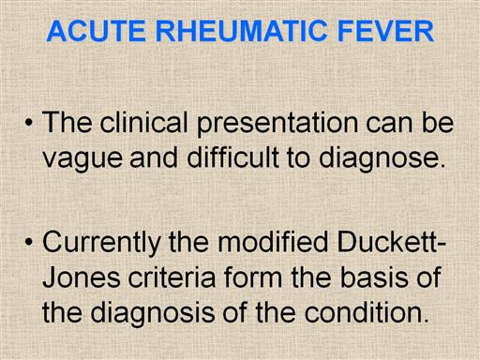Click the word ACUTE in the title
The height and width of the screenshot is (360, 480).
coord(97,31)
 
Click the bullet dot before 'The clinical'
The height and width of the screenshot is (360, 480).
coord(29,123)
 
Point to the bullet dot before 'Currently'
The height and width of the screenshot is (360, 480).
coord(29,242)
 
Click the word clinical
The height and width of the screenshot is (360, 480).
coord(143,122)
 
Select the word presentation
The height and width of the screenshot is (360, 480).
coord(277,124)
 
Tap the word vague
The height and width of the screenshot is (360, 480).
coord(82,158)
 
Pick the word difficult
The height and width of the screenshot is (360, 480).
coord(232,157)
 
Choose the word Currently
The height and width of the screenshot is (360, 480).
coord(102,244)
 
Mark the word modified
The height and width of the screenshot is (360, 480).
coord(273,242)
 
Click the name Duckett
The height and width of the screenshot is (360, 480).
coord(388,242)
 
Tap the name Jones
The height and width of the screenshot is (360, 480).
coord(82,277)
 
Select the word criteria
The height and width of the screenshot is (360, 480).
coord(172,277)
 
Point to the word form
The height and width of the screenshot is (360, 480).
coord(253,277)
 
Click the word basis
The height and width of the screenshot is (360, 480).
coord(374,277)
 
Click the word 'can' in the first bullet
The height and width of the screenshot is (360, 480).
coord(389,125)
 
